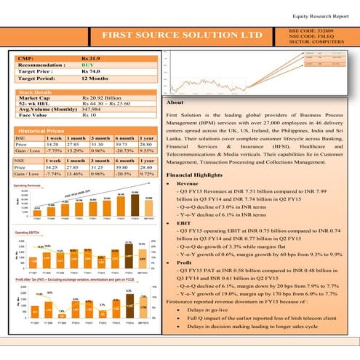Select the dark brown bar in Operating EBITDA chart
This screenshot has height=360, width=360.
coord(128,257)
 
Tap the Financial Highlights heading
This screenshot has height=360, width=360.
coord(194,176)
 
